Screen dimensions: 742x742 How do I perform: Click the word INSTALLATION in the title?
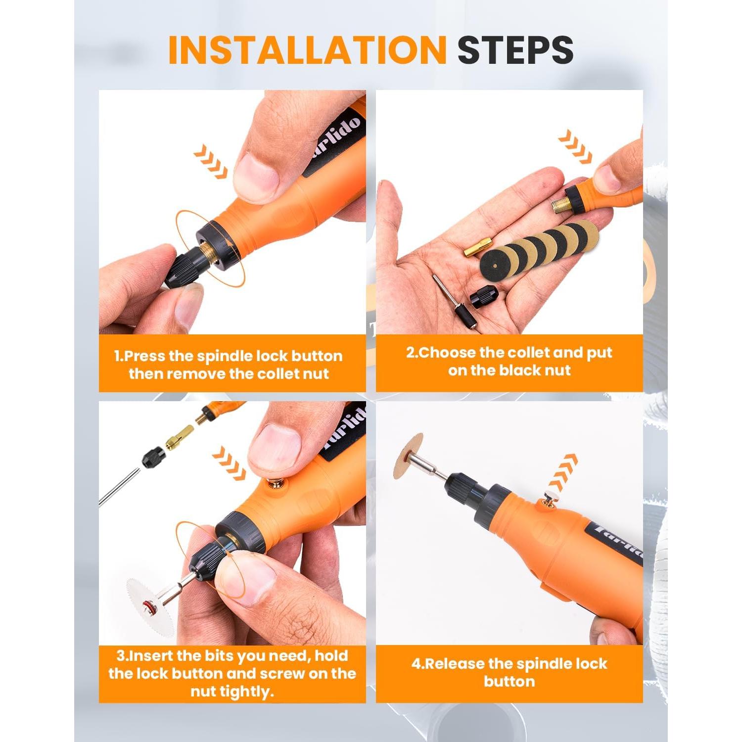pos(307,50)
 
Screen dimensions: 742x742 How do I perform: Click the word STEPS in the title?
pos(515,50)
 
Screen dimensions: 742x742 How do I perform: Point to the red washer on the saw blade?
pos(161,605)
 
